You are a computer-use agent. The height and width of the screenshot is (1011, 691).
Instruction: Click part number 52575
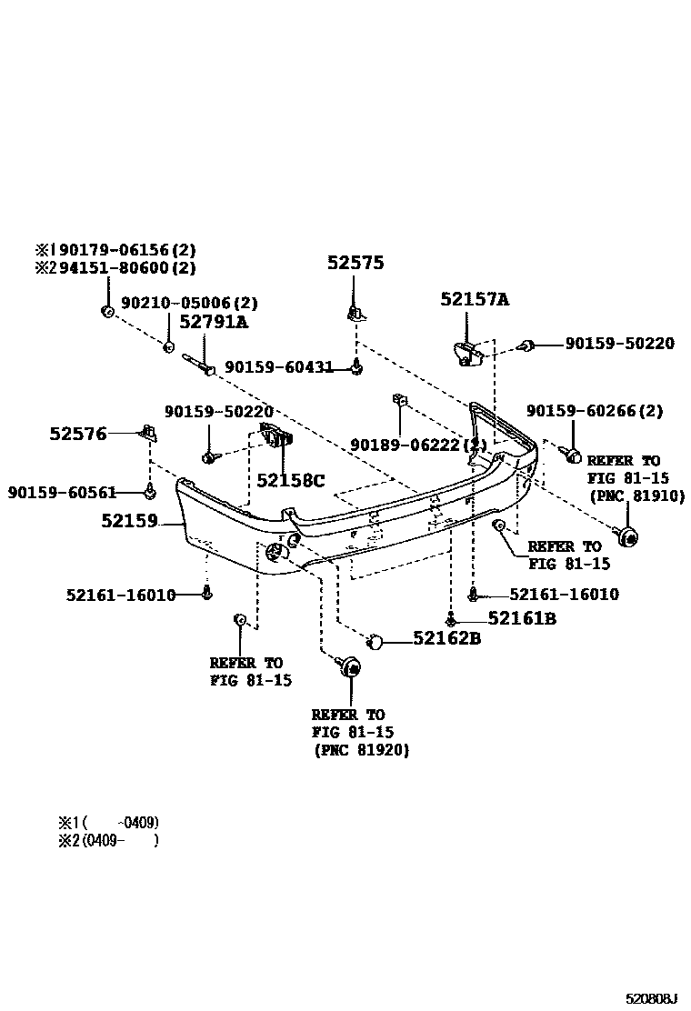click(x=356, y=264)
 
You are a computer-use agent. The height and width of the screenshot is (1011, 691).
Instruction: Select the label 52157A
click(x=475, y=299)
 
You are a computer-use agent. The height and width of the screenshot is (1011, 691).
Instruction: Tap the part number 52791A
click(x=213, y=322)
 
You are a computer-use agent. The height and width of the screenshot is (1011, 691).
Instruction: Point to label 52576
click(x=78, y=435)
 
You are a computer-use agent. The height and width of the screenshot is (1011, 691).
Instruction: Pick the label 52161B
click(x=521, y=618)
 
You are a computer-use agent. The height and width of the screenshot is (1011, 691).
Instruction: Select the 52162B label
click(x=446, y=639)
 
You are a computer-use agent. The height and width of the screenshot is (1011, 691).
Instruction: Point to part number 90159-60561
click(x=63, y=492)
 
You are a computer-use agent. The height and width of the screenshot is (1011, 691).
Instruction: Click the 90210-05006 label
click(x=190, y=303)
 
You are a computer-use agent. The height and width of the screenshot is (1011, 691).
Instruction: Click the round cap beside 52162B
click(x=375, y=643)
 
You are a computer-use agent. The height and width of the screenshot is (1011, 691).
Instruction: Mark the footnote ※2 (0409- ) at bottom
click(x=107, y=841)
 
